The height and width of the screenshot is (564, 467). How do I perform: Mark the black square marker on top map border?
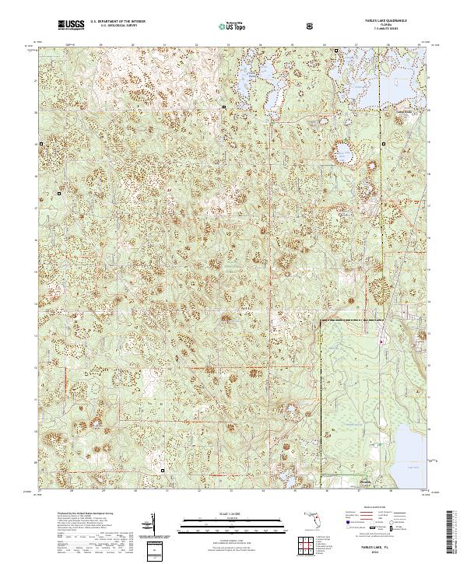(335, 52)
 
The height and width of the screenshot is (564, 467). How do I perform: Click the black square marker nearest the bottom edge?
(163, 470)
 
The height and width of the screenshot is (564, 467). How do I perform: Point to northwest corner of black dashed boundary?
(321, 321)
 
